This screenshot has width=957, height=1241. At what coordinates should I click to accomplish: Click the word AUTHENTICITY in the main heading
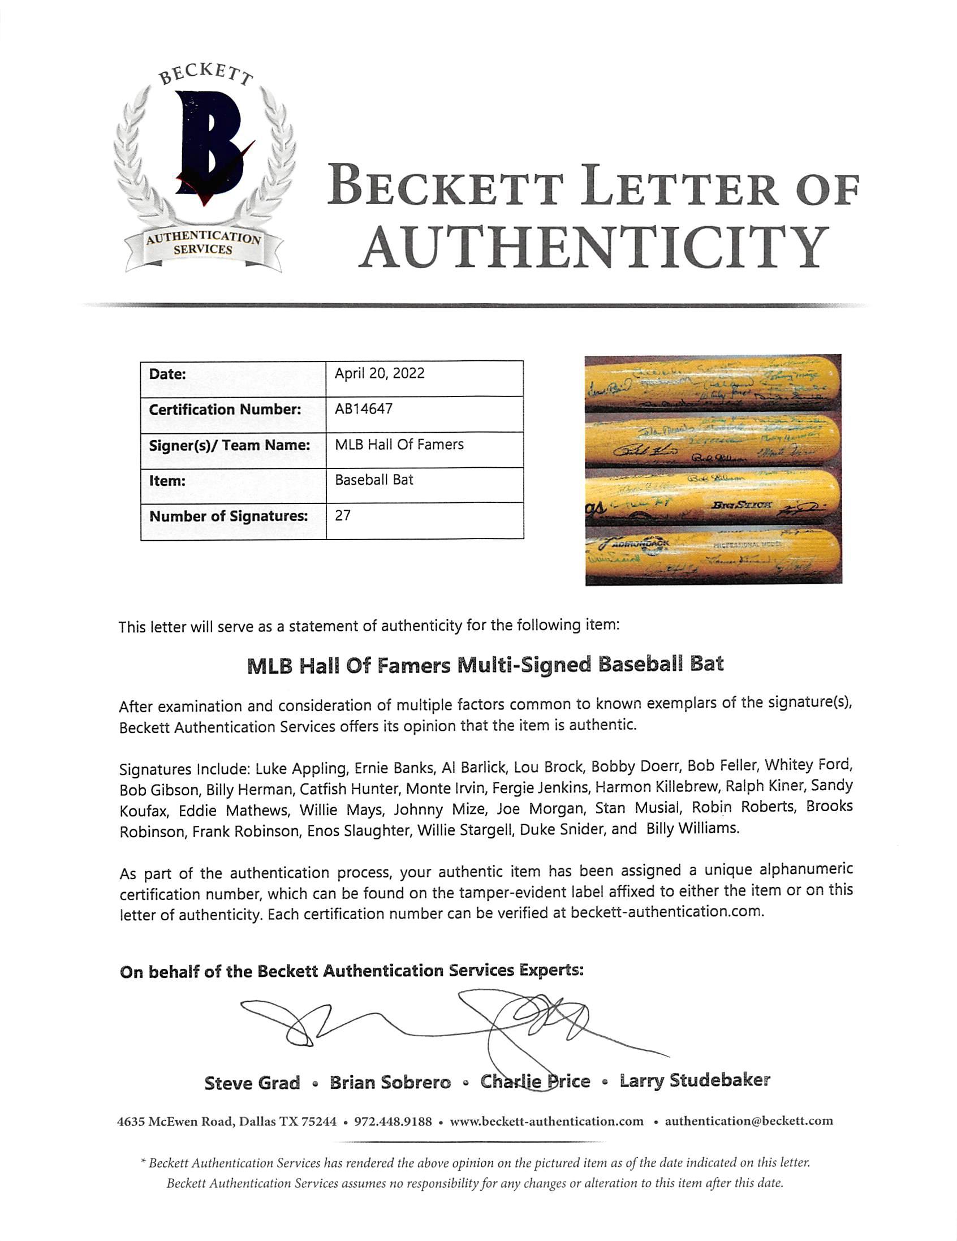pyautogui.click(x=593, y=247)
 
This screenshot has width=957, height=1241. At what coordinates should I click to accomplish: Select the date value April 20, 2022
pyautogui.click(x=379, y=373)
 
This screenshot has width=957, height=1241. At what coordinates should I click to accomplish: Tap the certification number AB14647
pyautogui.click(x=363, y=409)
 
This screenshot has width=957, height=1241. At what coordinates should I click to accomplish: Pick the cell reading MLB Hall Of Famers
pyautogui.click(x=399, y=445)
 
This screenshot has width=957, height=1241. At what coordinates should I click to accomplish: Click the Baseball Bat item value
pyautogui.click(x=374, y=480)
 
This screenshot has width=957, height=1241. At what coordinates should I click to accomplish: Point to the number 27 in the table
pyautogui.click(x=343, y=515)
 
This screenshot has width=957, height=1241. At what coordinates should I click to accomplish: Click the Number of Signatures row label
pyautogui.click(x=229, y=516)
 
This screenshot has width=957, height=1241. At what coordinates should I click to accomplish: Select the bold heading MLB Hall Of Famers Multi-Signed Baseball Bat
pyautogui.click(x=485, y=664)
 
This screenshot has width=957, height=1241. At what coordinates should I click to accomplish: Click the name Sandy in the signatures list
pyautogui.click(x=831, y=786)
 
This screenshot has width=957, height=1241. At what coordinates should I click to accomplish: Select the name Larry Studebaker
pyautogui.click(x=695, y=1081)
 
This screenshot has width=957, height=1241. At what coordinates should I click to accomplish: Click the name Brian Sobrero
pyautogui.click(x=390, y=1083)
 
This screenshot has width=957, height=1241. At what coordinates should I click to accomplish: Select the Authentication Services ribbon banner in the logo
pyautogui.click(x=204, y=244)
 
